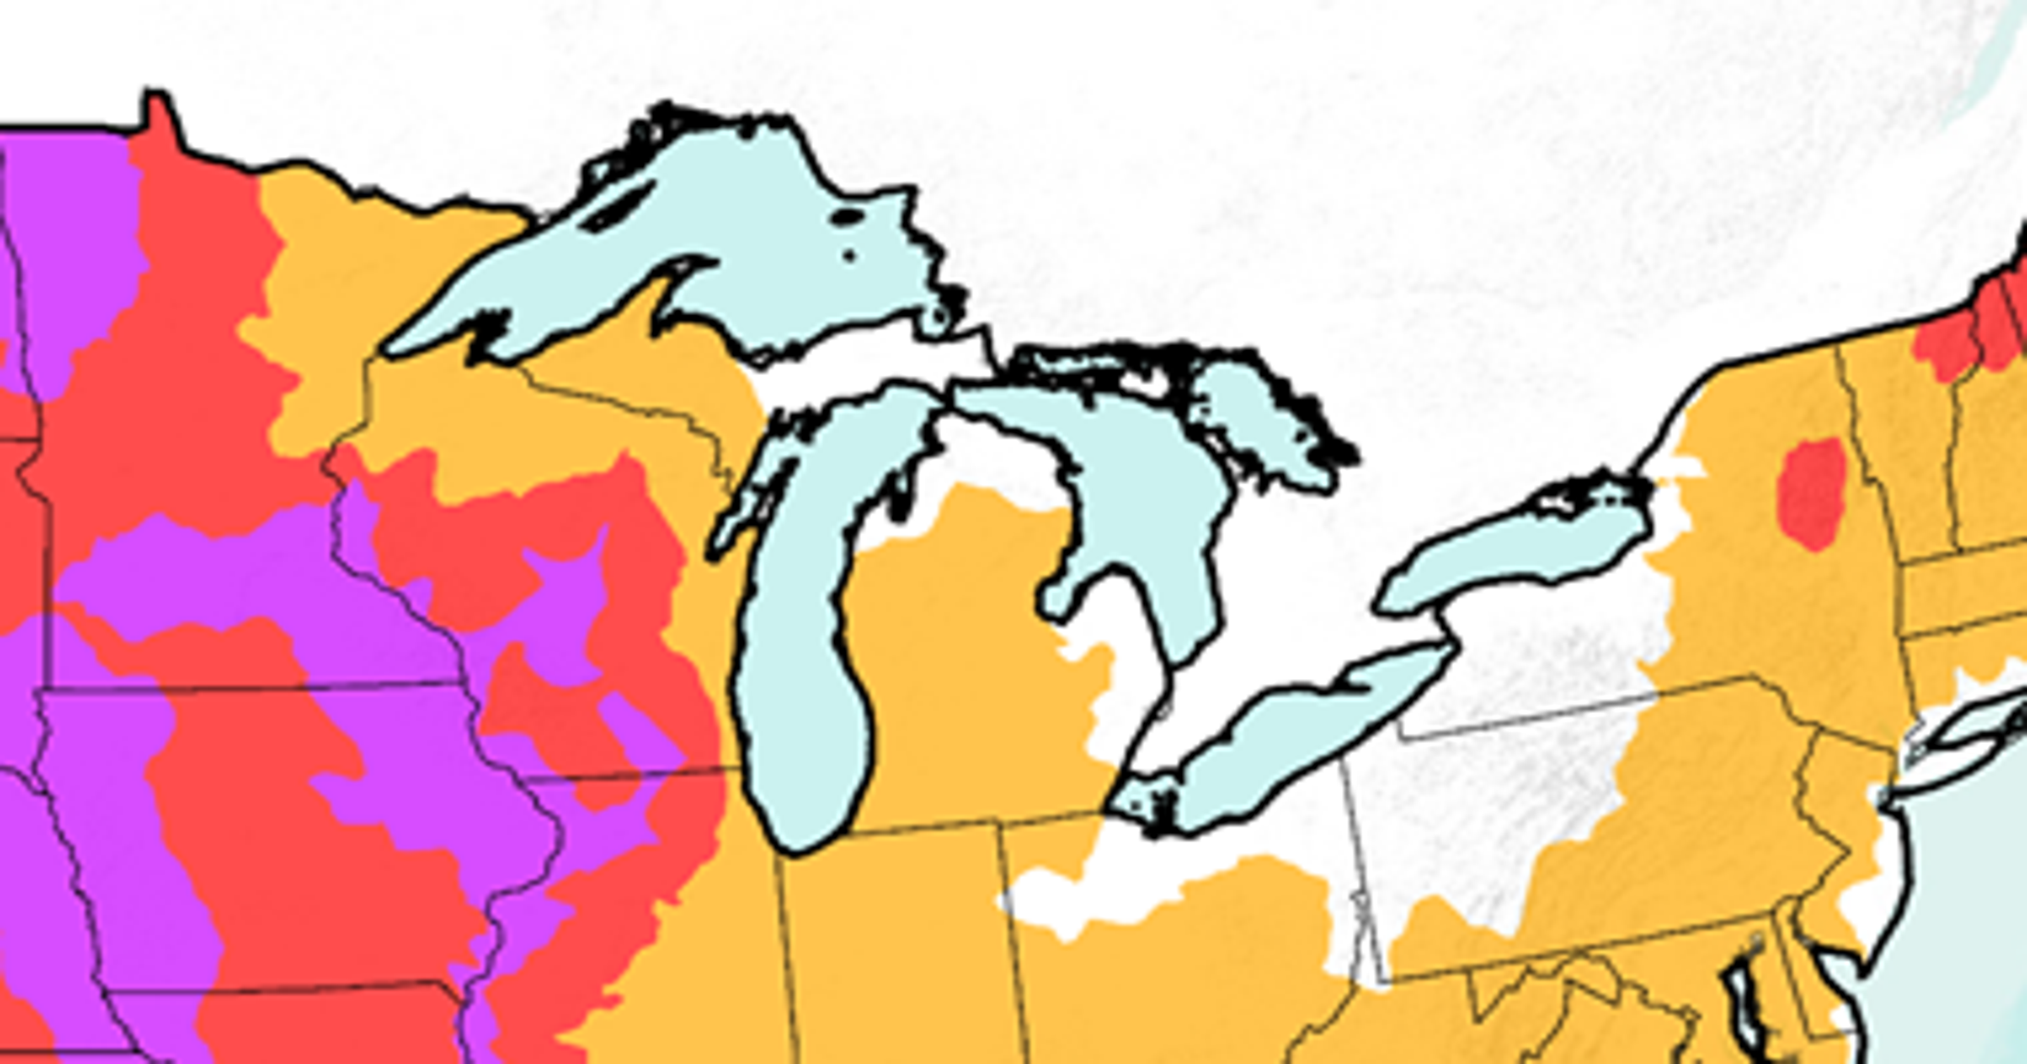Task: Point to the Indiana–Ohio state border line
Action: coord(1015,944)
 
